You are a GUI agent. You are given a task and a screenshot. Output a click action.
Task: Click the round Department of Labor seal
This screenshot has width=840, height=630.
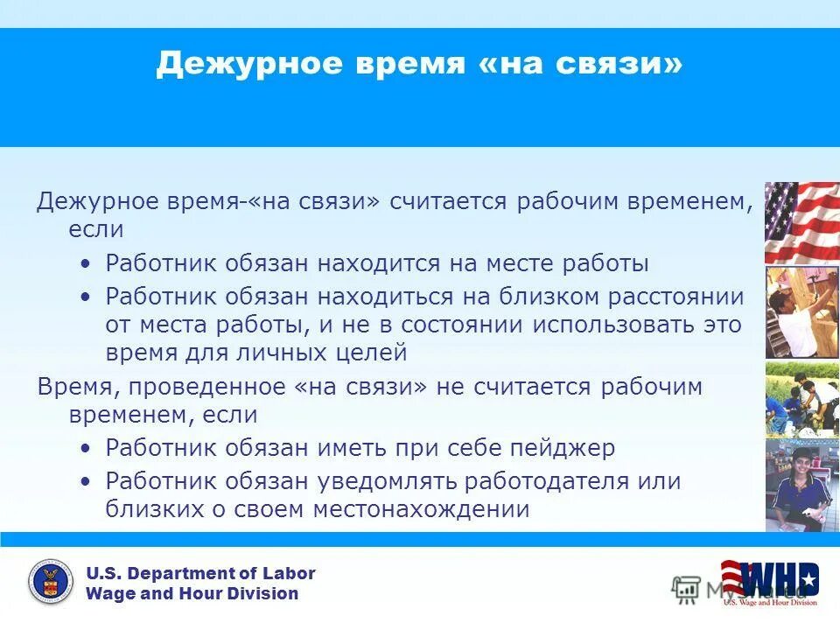pos(51,583)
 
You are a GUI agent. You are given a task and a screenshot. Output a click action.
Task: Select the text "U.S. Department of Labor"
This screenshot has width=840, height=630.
pos(199,574)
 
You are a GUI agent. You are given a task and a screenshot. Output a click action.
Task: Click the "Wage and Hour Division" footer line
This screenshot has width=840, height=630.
pos(192,594)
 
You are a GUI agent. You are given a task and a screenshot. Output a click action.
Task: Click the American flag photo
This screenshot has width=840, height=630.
pos(801,222)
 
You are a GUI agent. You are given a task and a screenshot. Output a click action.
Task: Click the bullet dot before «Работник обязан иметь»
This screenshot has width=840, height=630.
pos(84,449)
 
